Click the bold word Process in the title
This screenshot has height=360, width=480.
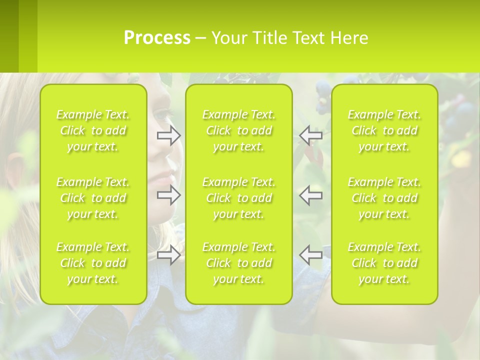click(x=157, y=38)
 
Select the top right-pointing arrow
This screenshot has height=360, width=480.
click(x=169, y=135)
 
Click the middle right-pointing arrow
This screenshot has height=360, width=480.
click(x=169, y=195)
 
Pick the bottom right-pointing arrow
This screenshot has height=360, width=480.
click(x=169, y=255)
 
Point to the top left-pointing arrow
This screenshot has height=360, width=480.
click(x=310, y=135)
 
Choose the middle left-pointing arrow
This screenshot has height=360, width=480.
click(x=310, y=195)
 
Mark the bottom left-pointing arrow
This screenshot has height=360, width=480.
click(x=310, y=255)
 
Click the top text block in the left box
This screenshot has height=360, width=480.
click(x=93, y=130)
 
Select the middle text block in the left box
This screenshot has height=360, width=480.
click(x=93, y=198)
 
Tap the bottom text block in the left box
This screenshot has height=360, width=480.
click(x=93, y=263)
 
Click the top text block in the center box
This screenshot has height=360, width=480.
click(x=239, y=130)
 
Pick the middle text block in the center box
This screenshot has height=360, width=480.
click(x=239, y=198)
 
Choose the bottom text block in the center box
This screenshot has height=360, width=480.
click(x=239, y=263)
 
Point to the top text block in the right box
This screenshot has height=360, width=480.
click(x=384, y=130)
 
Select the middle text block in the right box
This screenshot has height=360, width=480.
click(x=384, y=198)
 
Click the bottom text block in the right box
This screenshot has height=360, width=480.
click(x=384, y=263)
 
